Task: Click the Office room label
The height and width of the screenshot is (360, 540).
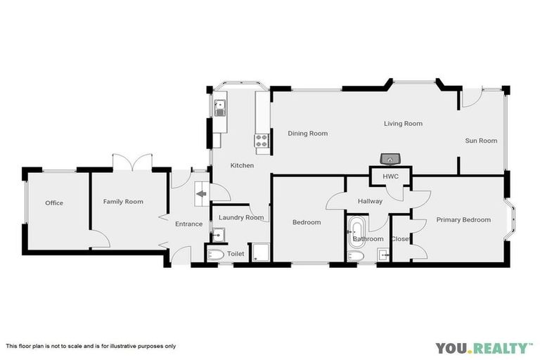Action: [x=54, y=203]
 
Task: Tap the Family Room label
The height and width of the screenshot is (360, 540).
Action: [x=123, y=202]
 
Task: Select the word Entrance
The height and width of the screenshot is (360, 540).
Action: [x=188, y=224]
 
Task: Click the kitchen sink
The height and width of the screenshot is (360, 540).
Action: [x=220, y=108]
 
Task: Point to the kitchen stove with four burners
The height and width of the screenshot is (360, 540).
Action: [x=262, y=143]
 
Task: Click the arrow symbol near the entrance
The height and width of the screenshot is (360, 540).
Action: [x=201, y=195]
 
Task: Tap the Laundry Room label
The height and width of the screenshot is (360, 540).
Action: [x=241, y=218]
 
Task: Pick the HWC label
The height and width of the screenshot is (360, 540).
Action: [x=391, y=176]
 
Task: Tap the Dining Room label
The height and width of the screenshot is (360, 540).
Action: [x=307, y=134]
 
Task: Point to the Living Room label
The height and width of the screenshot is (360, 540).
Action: [x=403, y=124]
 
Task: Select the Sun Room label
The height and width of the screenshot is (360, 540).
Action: [x=481, y=141]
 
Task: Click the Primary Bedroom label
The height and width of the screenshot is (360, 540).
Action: [x=463, y=220]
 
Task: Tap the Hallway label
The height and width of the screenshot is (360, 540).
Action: [x=370, y=202]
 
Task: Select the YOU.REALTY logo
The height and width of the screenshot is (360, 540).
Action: [x=483, y=347]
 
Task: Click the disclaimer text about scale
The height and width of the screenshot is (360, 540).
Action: [x=91, y=346]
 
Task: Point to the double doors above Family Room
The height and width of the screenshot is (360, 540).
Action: [x=132, y=162]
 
